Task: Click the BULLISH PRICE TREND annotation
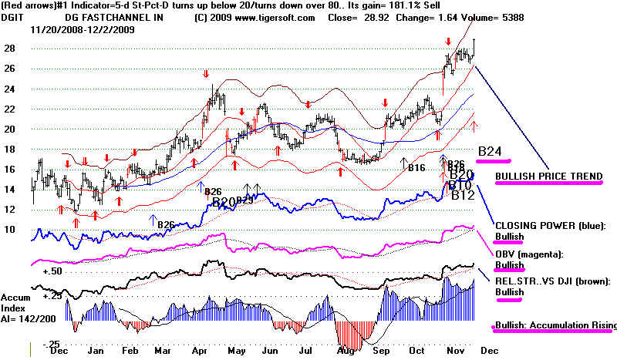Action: [549, 177]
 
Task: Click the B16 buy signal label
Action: [416, 167]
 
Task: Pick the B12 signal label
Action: [462, 196]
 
